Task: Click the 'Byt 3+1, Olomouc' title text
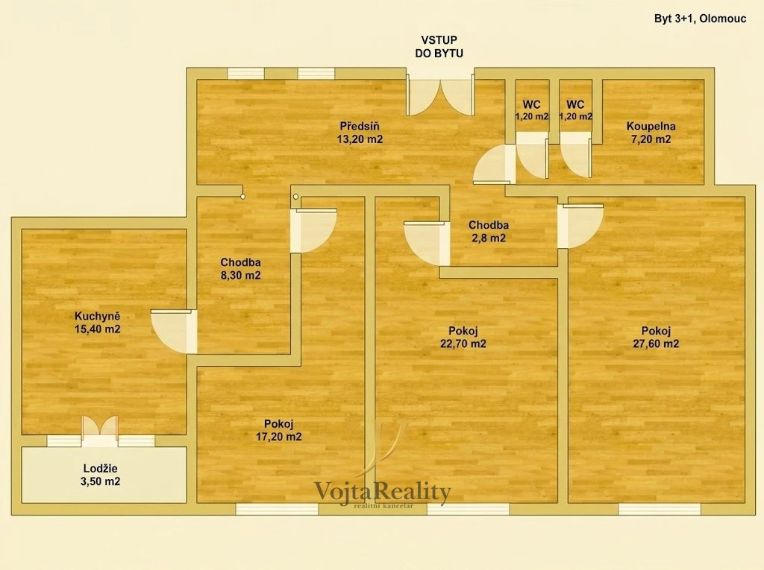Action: click(x=700, y=19)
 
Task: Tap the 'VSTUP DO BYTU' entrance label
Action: click(x=439, y=47)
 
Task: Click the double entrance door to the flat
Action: click(x=440, y=95)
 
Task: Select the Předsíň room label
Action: click(x=360, y=126)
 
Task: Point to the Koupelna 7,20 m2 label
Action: click(x=651, y=133)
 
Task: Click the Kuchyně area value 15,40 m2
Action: click(x=98, y=329)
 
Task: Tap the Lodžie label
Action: click(x=101, y=468)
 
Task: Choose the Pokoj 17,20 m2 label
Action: click(x=279, y=431)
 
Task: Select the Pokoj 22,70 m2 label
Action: click(x=463, y=338)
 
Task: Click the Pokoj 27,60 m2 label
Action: click(x=656, y=338)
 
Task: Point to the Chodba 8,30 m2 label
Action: click(x=241, y=269)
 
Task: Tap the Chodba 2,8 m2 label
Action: click(x=488, y=231)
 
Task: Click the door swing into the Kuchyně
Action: click(x=174, y=332)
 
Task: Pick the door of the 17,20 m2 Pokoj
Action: click(x=314, y=231)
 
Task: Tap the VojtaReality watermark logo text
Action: click(x=383, y=493)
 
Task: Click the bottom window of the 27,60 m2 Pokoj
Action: click(x=660, y=509)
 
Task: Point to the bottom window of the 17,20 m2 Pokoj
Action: click(x=278, y=509)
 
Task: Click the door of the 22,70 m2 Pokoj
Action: click(x=427, y=244)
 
